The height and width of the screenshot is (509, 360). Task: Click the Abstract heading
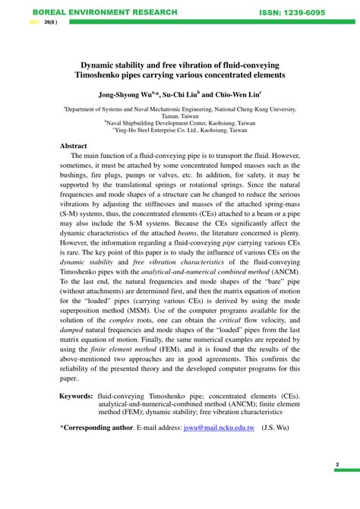pyautogui.click(x=74, y=145)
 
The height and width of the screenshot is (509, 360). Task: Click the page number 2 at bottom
pyautogui.click(x=336, y=464)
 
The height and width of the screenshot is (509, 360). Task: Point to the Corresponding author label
pyautogui.click(x=99, y=428)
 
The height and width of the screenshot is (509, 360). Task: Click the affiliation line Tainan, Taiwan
pyautogui.click(x=180, y=117)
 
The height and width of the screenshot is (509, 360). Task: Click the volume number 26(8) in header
pyautogui.click(x=50, y=23)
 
